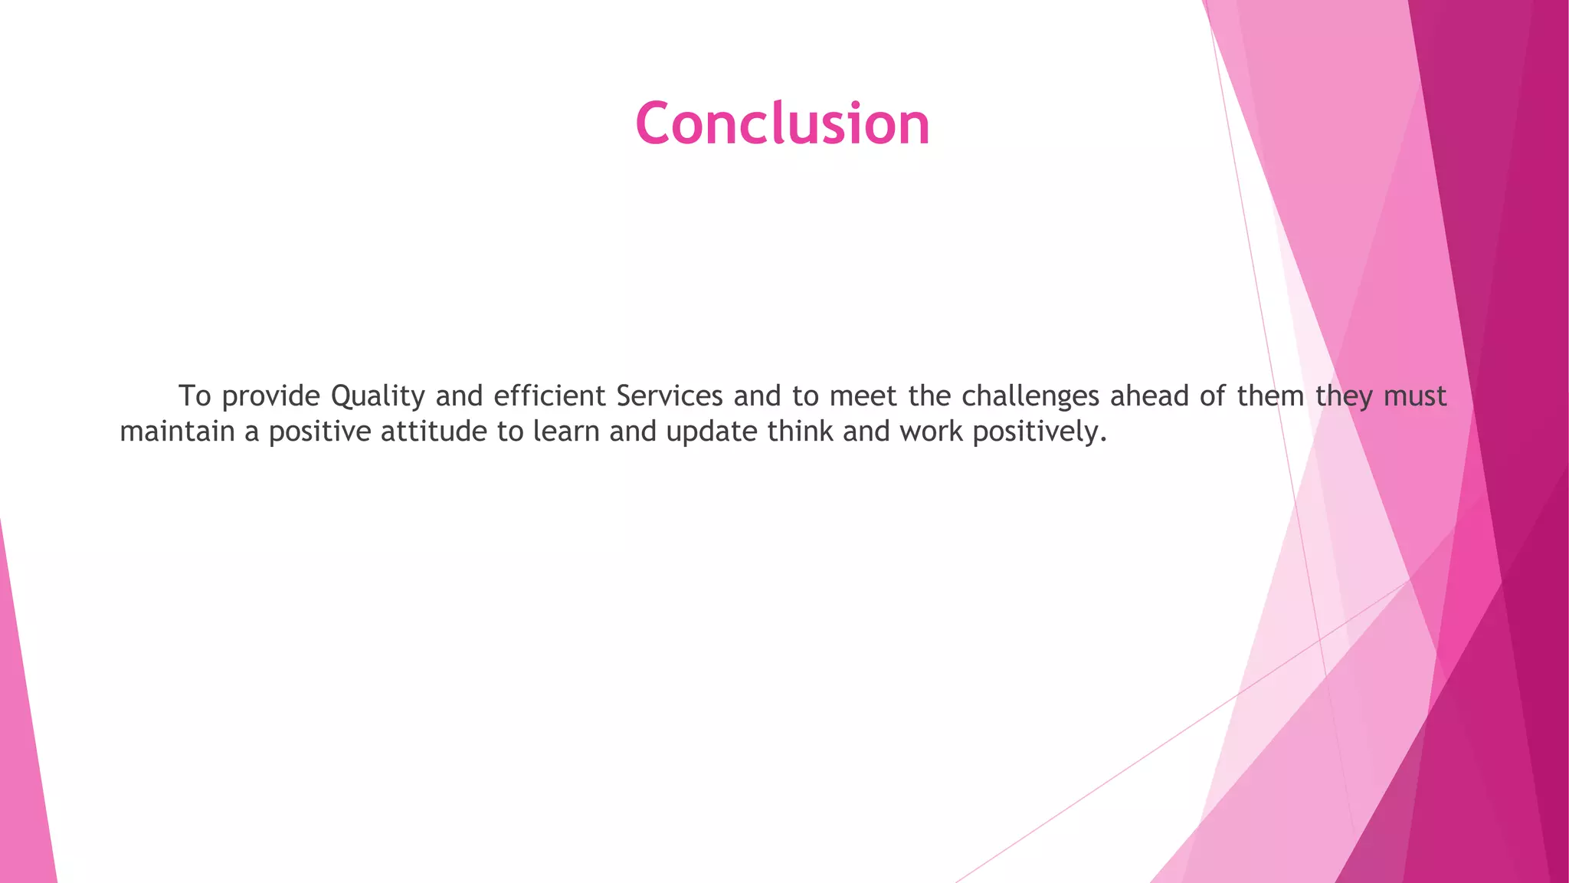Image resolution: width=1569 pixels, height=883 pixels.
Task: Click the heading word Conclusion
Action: click(782, 123)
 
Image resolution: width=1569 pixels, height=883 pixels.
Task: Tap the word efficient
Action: click(549, 396)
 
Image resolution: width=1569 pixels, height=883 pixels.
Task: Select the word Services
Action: click(669, 396)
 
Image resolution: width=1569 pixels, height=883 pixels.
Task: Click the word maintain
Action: click(177, 432)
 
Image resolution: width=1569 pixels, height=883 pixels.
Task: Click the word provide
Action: click(270, 396)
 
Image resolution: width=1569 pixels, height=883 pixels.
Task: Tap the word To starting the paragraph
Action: click(195, 396)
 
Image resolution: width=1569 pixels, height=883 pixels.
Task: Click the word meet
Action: click(863, 396)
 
